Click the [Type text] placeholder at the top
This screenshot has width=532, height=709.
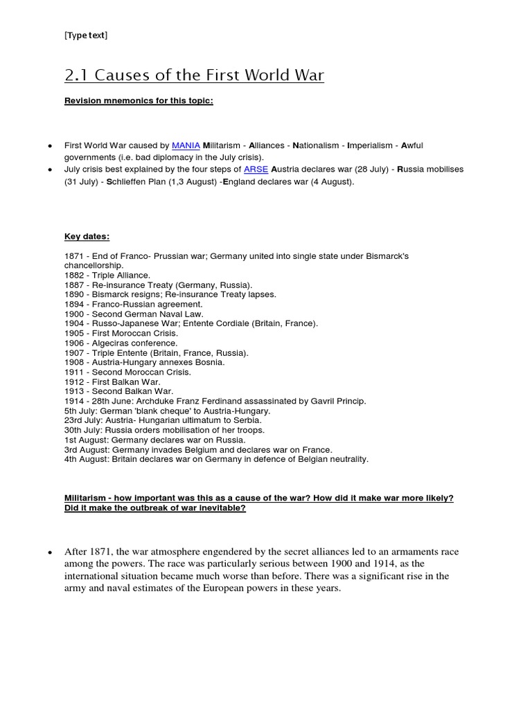tap(86, 36)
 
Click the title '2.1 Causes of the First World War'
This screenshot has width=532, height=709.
tap(194, 75)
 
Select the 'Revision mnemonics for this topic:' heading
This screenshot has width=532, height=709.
tap(139, 101)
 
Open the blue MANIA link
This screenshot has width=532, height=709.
tap(186, 145)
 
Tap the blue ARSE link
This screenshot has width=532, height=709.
tap(256, 169)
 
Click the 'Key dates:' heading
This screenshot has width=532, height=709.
tap(87, 236)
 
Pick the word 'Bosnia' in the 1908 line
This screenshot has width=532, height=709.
tap(210, 362)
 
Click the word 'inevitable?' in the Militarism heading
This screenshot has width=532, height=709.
tap(220, 508)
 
